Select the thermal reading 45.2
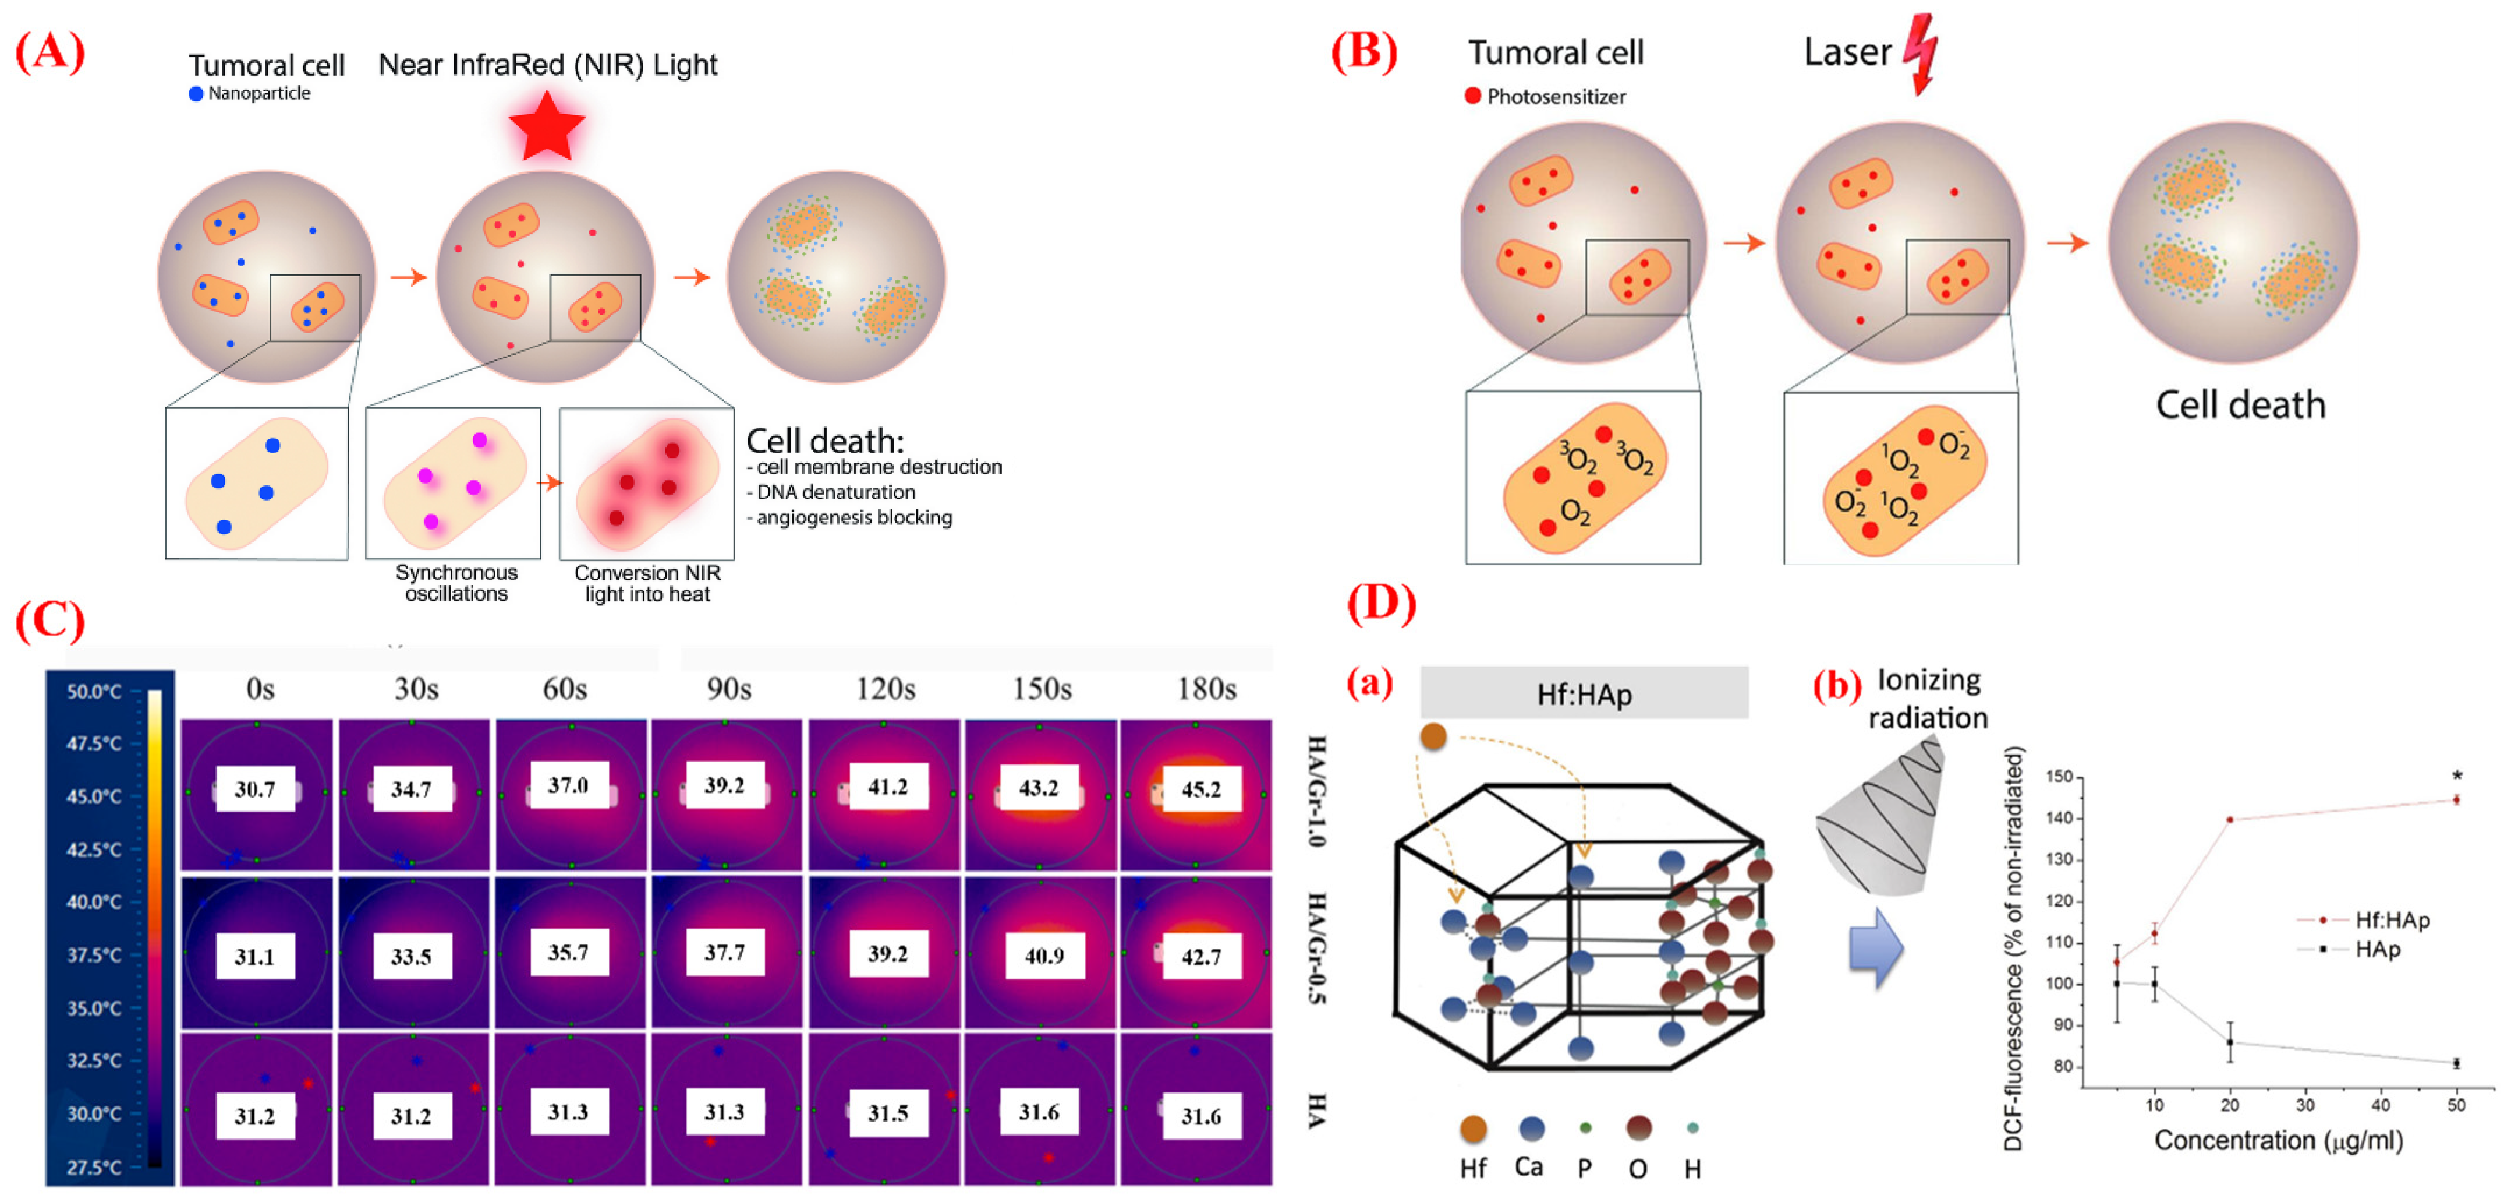coord(1200,789)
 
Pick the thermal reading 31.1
coord(254,956)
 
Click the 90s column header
coord(728,689)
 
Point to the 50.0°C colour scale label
coord(94,692)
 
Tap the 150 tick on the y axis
coord(2059,776)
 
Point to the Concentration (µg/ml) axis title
coord(2278,1140)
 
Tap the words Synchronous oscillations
coord(456,583)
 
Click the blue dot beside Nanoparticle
coord(196,93)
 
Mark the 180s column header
coord(1206,689)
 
